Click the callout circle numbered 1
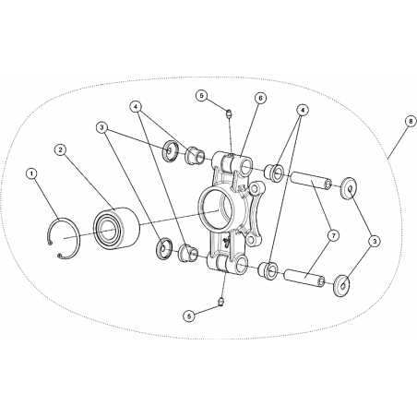point(31,173)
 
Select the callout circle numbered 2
point(60,149)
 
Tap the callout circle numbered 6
point(260,98)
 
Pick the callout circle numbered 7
point(333,236)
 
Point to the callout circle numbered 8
point(411,121)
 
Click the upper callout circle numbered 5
point(202,96)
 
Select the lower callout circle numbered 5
point(189,316)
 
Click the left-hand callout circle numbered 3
point(101,127)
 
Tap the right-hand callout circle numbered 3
point(375,242)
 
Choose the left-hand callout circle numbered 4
point(137,106)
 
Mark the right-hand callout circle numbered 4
point(303,110)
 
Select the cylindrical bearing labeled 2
point(116,227)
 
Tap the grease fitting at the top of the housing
point(229,113)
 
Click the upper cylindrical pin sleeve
point(310,180)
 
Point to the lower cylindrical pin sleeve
point(304,277)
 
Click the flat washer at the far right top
point(349,188)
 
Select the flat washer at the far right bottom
point(341,286)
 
